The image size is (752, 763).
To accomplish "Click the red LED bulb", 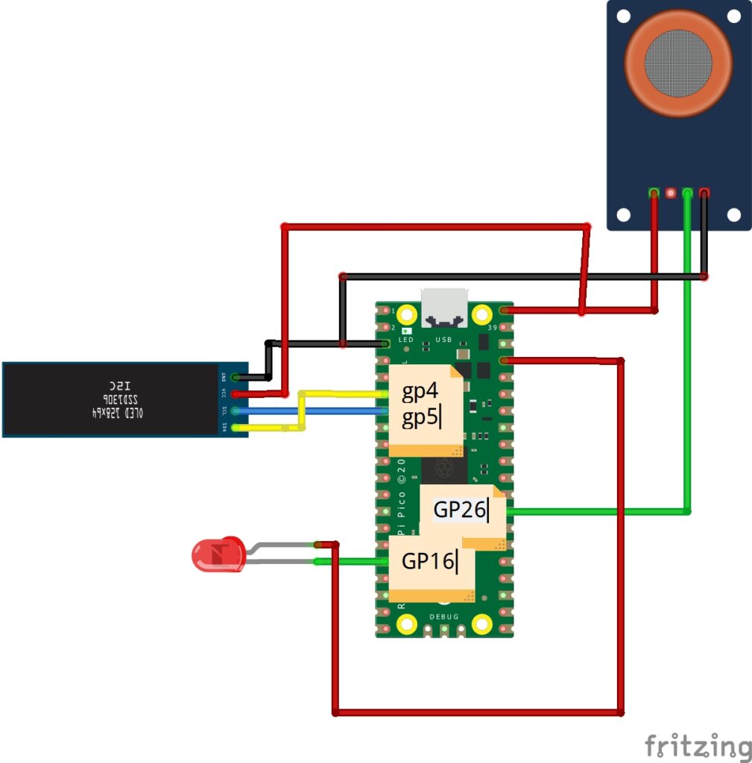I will click(218, 554).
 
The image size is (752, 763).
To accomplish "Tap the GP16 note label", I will click(428, 561).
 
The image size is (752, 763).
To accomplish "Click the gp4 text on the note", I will click(420, 392).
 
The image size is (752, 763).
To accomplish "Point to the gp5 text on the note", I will click(420, 418).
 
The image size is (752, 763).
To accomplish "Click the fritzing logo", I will click(698, 746).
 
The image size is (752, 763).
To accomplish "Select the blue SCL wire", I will click(313, 411).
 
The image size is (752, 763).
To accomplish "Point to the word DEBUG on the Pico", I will click(444, 616).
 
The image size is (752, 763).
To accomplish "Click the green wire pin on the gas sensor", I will click(687, 194).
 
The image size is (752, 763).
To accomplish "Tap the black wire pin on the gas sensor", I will click(704, 194).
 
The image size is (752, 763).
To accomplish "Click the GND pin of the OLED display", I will click(236, 378).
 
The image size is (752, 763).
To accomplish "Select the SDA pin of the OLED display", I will click(236, 428).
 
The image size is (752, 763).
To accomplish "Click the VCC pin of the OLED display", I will click(236, 394).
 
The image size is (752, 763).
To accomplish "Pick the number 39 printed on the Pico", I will click(491, 328).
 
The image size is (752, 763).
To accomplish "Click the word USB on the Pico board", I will click(443, 340).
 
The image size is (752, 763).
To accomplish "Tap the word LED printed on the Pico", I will click(405, 340).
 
